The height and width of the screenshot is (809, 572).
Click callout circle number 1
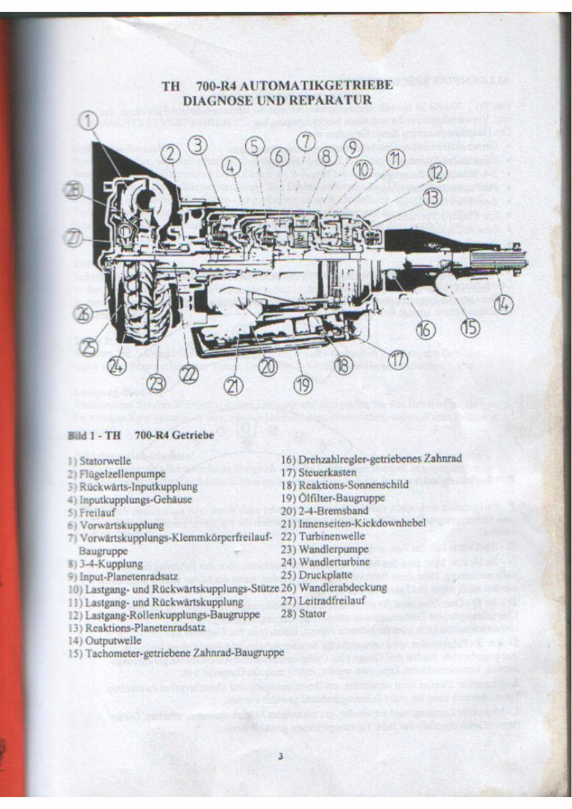click(x=89, y=120)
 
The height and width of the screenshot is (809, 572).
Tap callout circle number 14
click(x=502, y=304)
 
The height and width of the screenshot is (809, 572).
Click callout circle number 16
click(x=425, y=329)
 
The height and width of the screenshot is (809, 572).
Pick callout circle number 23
click(x=157, y=382)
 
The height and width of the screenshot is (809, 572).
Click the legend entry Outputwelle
click(x=113, y=640)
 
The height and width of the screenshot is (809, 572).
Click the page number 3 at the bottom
click(x=281, y=757)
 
